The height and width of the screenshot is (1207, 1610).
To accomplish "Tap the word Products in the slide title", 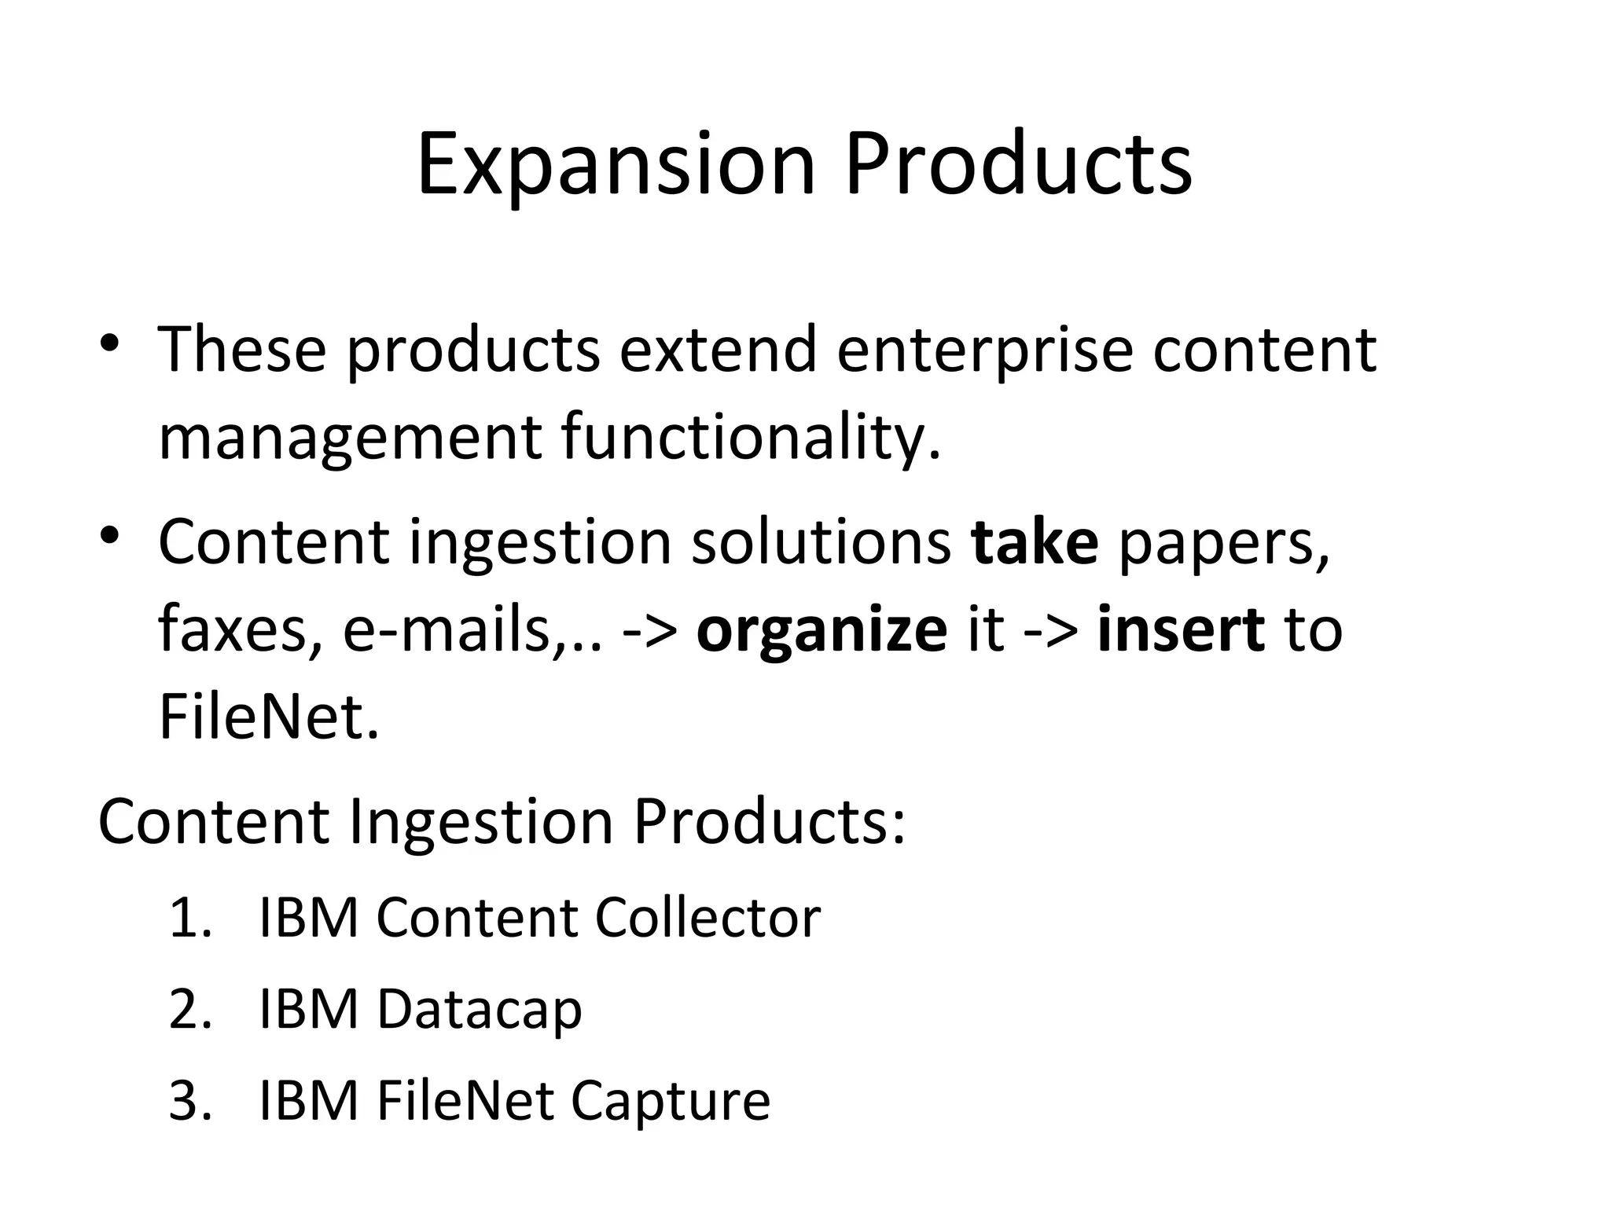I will click(1018, 165).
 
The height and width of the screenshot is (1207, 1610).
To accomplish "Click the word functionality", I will click(751, 438).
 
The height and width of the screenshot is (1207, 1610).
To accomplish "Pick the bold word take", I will click(1035, 542).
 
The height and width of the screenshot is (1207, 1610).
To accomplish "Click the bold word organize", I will click(822, 631).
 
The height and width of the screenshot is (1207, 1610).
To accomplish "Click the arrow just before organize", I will click(649, 631).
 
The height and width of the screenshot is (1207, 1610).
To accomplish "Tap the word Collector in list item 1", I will click(708, 917).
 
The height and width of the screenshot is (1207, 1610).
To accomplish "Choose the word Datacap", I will click(479, 1011).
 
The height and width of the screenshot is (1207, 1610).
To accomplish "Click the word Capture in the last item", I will click(670, 1102).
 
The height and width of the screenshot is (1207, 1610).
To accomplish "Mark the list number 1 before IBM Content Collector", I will click(189, 918).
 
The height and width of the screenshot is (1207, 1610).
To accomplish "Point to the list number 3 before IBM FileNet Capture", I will click(189, 1101).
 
